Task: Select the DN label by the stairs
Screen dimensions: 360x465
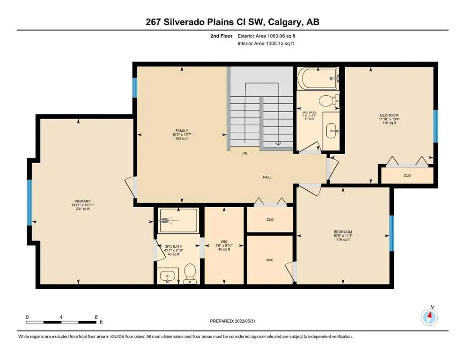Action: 244,153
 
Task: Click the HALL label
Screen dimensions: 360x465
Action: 267,177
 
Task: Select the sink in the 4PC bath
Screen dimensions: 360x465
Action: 331,127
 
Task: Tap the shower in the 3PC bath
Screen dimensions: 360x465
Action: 177,221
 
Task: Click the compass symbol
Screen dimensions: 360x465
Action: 429,317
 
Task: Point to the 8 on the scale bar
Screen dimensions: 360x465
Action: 96,317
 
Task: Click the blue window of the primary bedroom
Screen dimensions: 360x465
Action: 30,202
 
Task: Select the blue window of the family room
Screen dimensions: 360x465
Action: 135,88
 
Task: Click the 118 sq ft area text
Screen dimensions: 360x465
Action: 343,240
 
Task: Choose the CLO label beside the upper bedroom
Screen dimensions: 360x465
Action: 407,175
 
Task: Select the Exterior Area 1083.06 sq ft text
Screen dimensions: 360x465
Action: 266,36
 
